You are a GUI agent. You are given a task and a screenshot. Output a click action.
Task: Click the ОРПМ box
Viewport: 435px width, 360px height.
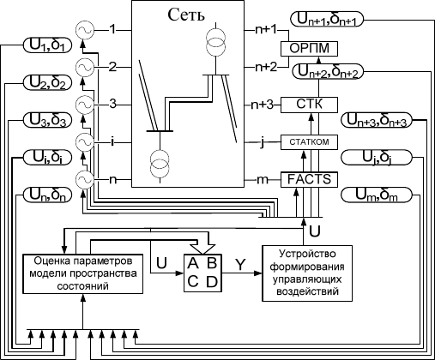(x=309, y=49)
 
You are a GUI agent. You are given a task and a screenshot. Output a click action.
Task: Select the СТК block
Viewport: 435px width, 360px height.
(x=309, y=105)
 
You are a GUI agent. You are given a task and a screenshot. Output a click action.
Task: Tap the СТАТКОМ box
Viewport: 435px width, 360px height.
(x=309, y=142)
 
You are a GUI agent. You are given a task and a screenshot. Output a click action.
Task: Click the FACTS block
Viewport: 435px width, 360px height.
(x=309, y=180)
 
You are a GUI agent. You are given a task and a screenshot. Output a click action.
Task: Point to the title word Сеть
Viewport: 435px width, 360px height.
(x=186, y=15)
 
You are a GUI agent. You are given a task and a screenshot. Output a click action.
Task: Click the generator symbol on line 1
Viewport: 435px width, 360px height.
(x=85, y=30)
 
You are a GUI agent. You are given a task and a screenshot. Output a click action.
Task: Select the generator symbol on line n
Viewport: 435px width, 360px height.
(x=85, y=180)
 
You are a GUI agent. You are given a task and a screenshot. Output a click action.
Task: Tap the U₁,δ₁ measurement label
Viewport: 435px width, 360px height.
(x=47, y=45)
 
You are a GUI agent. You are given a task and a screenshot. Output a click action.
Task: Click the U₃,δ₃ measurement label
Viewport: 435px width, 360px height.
(x=47, y=120)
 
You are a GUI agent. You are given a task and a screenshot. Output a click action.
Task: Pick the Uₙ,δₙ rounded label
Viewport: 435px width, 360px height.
(x=47, y=195)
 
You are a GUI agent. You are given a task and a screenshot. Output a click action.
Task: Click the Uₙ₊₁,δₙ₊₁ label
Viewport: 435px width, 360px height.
(x=327, y=20)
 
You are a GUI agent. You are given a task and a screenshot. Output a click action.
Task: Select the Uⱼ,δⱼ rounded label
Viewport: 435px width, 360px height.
(x=377, y=158)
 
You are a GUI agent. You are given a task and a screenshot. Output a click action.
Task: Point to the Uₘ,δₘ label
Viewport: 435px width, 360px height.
(x=377, y=195)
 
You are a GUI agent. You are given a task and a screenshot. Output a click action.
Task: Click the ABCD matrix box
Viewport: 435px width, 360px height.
(x=202, y=273)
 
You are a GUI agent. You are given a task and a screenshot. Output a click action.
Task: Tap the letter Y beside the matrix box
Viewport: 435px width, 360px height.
(x=241, y=265)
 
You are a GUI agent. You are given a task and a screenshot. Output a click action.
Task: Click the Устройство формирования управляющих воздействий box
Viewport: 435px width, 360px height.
(x=307, y=273)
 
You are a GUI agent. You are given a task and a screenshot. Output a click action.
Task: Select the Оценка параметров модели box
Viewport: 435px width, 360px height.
(x=83, y=273)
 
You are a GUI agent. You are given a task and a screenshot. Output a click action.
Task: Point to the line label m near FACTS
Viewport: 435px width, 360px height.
(x=263, y=180)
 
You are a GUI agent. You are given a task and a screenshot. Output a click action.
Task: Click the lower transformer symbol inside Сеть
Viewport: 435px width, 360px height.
(x=160, y=162)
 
